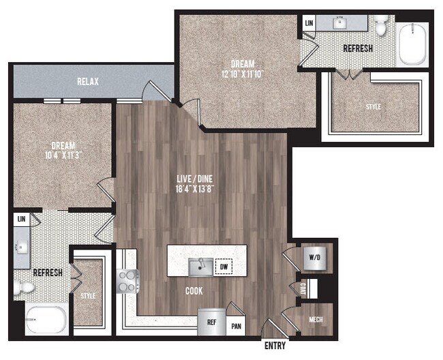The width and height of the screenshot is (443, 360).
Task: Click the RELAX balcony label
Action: pyautogui.click(x=87, y=81)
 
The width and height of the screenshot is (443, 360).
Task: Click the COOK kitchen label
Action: pyautogui.click(x=193, y=291)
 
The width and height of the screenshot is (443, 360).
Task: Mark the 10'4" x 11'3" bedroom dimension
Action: pyautogui.click(x=62, y=155)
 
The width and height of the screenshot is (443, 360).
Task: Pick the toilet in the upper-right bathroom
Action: pyautogui.click(x=381, y=25)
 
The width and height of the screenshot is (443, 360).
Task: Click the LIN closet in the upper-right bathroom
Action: pyautogui.click(x=309, y=22)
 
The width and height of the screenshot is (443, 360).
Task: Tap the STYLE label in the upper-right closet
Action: pyautogui.click(x=373, y=107)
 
